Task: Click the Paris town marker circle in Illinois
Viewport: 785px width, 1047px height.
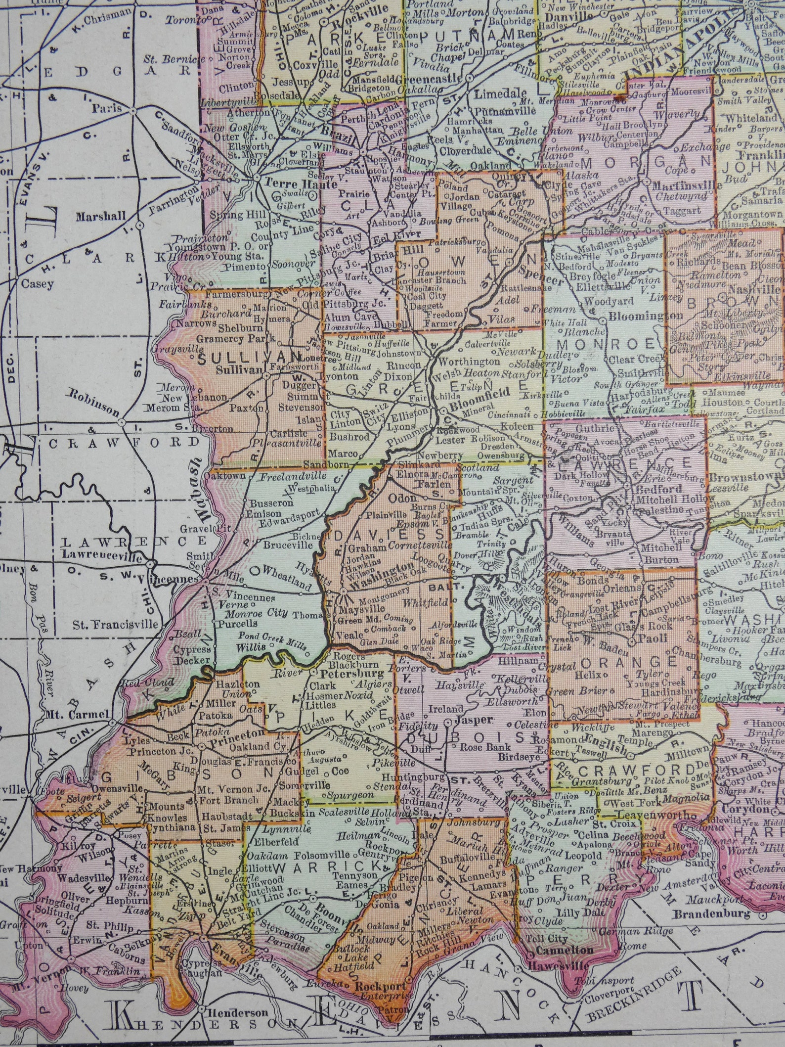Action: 134,111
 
